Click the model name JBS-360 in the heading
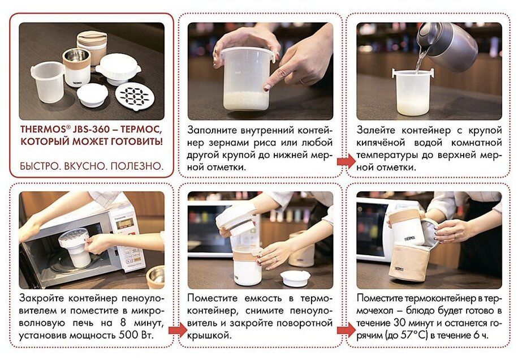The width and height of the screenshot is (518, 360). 90,129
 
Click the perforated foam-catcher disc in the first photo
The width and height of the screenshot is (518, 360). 135,97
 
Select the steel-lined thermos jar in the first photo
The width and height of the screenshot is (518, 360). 76,67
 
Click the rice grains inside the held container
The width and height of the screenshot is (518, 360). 246,100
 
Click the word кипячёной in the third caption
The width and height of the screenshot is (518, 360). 381,143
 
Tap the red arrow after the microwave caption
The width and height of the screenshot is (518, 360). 178,330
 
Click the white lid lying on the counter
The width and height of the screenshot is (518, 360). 295,278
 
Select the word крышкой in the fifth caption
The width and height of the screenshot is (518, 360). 209,336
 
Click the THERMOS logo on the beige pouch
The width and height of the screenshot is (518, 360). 399,269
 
